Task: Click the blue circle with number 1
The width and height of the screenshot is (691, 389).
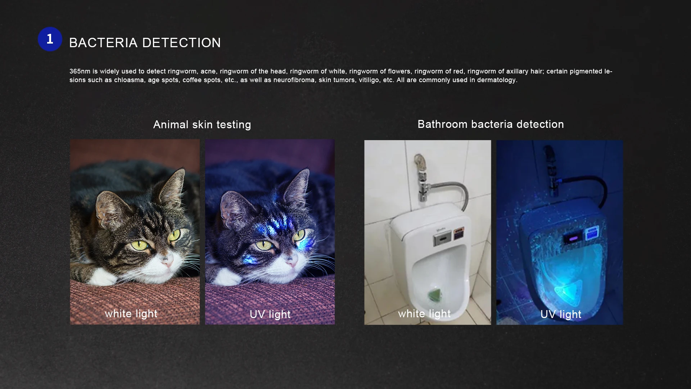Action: coord(50,39)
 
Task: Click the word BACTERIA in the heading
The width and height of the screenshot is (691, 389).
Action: coord(103,43)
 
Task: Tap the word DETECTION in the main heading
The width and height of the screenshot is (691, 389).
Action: coord(181,43)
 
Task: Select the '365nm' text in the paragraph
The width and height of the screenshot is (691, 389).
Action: coord(80,71)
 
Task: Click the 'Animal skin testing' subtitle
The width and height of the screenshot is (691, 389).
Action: coord(202,125)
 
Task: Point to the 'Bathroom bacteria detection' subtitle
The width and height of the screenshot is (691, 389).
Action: coord(491,124)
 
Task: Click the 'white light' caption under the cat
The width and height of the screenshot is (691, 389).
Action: coord(131,314)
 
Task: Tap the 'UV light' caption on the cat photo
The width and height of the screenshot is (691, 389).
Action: coord(270,314)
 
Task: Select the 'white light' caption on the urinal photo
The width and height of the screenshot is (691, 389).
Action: coord(424,314)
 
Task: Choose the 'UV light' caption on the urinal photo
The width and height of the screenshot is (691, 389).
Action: coord(561,314)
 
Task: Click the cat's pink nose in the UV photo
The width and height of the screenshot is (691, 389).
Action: coord(292,261)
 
